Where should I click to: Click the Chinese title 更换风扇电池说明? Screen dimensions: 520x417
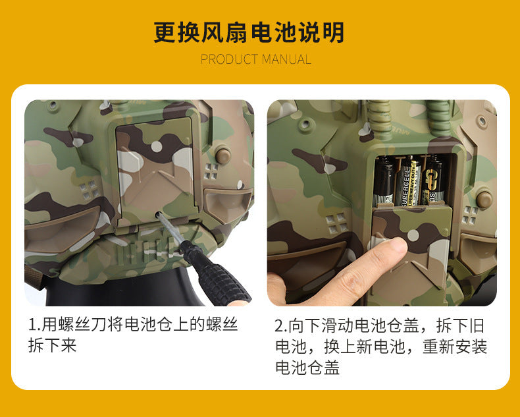point(249,32)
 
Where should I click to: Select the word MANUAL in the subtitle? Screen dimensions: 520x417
point(286,60)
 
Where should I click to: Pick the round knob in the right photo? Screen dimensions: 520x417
point(484,200)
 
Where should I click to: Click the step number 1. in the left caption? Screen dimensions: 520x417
point(34,324)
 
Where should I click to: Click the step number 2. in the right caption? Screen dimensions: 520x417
point(281,325)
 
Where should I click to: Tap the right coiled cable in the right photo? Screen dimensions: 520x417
point(440,118)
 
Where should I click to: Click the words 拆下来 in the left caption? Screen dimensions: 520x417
point(53,346)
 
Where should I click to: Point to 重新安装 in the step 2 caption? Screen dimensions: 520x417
point(455,347)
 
